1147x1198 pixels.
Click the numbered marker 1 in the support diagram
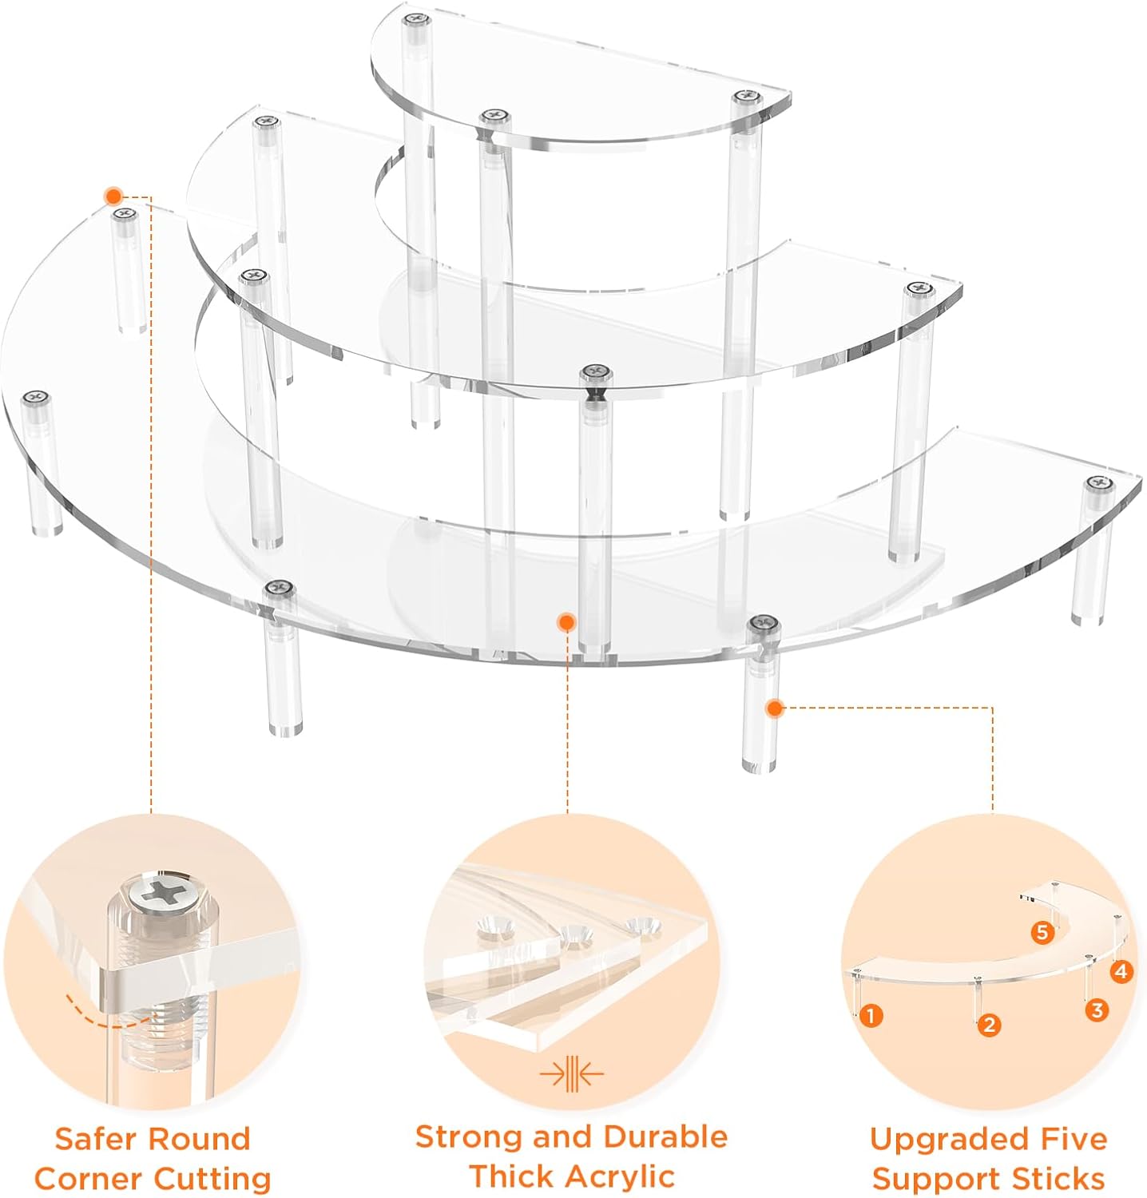coord(870,1016)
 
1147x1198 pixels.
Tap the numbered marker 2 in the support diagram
coord(989,1025)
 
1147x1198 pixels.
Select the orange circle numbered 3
coord(1097,1010)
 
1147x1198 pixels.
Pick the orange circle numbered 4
coord(1121,971)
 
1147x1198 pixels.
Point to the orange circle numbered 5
coord(1042,932)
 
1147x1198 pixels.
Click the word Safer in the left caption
coord(99,1139)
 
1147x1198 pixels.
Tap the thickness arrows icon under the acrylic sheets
coord(571,1074)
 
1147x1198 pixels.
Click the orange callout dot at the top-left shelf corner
coord(113,196)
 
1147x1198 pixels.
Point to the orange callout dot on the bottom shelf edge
coord(566,621)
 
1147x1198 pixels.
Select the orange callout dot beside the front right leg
coord(774,708)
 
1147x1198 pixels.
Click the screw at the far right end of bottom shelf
coord(1099,482)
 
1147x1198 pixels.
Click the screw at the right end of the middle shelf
coord(919,288)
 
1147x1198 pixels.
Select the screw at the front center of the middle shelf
coord(595,371)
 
